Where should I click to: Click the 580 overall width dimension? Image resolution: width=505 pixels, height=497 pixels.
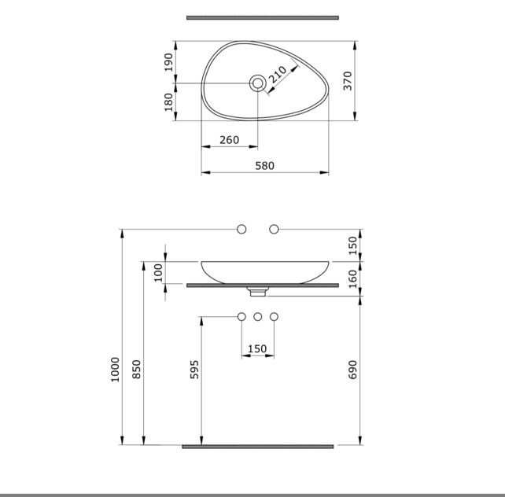click(264, 165)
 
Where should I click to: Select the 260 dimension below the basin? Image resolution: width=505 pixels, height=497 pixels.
click(229, 140)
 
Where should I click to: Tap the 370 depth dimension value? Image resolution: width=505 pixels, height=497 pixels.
click(348, 80)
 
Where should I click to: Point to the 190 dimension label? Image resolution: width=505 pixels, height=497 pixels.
click(168, 63)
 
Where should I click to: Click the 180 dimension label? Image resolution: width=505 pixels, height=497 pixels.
click(168, 102)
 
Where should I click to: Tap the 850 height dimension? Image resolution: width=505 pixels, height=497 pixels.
click(137, 370)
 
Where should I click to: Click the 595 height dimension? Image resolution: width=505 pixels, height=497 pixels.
click(195, 370)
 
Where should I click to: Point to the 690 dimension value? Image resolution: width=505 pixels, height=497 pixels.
click(353, 370)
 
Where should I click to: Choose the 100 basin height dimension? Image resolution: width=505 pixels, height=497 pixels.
click(159, 273)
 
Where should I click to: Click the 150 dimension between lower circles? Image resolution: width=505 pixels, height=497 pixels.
click(257, 348)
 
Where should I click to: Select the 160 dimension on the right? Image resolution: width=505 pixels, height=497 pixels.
click(353, 277)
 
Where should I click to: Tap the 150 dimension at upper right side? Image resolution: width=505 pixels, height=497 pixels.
click(353, 245)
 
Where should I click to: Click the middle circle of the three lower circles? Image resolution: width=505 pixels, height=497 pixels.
click(257, 316)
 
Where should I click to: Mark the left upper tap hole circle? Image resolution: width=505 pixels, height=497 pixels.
click(241, 229)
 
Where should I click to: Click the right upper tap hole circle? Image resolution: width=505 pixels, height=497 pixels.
click(274, 229)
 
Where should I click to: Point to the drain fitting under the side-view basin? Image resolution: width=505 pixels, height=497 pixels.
click(258, 292)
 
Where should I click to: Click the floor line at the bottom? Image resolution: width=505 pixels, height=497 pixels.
click(257, 446)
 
